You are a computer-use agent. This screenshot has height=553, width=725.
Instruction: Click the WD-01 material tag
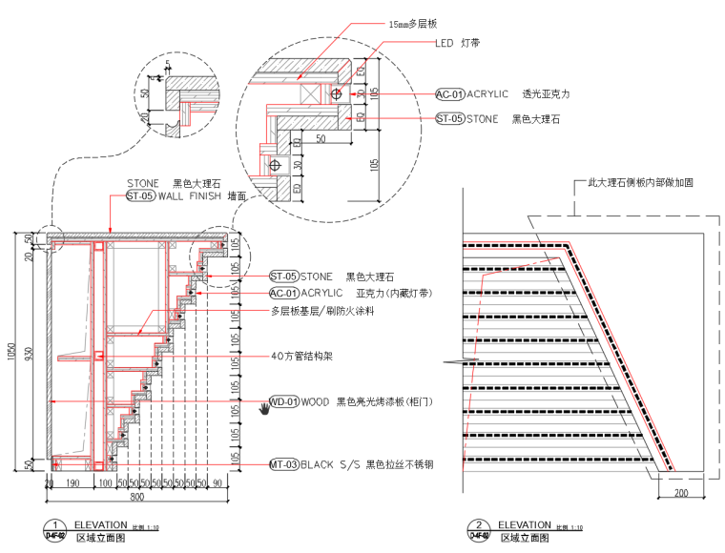[284, 401]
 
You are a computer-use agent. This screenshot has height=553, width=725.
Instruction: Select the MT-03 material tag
[284, 464]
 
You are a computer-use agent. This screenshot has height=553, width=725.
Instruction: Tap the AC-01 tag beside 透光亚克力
[449, 94]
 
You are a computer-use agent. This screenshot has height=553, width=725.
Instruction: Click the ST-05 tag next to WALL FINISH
[140, 196]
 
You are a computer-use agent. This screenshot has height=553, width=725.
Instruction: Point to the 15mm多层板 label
[412, 23]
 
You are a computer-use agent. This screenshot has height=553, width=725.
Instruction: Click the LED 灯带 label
[457, 44]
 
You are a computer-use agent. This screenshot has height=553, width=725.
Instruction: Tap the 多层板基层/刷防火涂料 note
[320, 311]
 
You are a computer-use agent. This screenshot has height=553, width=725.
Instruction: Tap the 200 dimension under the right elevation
[681, 493]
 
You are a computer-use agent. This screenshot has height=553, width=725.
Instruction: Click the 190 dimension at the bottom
[72, 484]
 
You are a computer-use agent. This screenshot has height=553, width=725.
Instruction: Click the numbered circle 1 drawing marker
[56, 525]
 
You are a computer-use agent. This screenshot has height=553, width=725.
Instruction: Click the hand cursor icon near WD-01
[264, 410]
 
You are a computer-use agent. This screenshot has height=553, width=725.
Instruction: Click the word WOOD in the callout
[316, 401]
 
